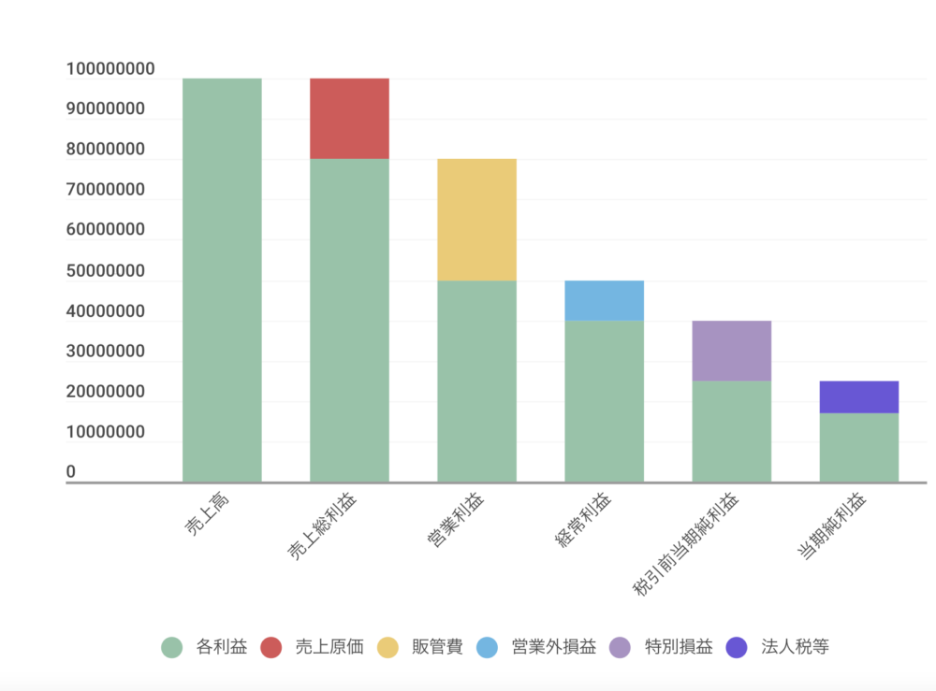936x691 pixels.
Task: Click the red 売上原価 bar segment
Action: [349, 119]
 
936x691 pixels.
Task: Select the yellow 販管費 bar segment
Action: [476, 220]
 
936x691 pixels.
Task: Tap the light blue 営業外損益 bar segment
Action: [604, 300]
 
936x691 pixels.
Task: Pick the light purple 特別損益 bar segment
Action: [731, 351]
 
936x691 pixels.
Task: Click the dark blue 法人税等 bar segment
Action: [858, 396]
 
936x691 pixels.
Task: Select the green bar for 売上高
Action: [222, 281]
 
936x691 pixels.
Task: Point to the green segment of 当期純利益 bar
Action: [858, 447]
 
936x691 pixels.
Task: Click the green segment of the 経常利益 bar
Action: [604, 401]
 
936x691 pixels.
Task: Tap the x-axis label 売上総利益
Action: [323, 527]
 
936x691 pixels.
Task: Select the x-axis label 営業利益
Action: [456, 522]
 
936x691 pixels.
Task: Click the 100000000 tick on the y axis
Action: [110, 69]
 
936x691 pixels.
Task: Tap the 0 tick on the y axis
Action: [71, 472]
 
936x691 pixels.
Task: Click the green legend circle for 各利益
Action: [171, 647]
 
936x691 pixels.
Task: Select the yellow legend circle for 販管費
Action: [388, 647]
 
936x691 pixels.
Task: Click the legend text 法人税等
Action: [795, 647]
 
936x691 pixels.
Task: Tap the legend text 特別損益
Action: [679, 647]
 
